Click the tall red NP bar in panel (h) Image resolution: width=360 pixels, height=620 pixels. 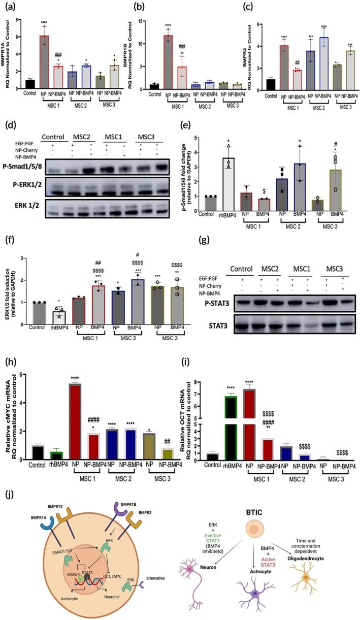pos(78,414)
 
